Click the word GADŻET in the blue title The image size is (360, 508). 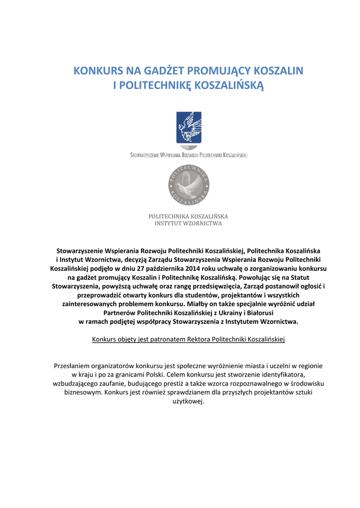click(x=157, y=70)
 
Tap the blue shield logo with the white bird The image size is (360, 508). click(x=189, y=127)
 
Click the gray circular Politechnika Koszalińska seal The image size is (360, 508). click(x=189, y=185)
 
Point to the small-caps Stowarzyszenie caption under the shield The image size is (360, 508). click(x=189, y=155)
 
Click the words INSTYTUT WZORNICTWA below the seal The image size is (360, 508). click(x=189, y=223)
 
